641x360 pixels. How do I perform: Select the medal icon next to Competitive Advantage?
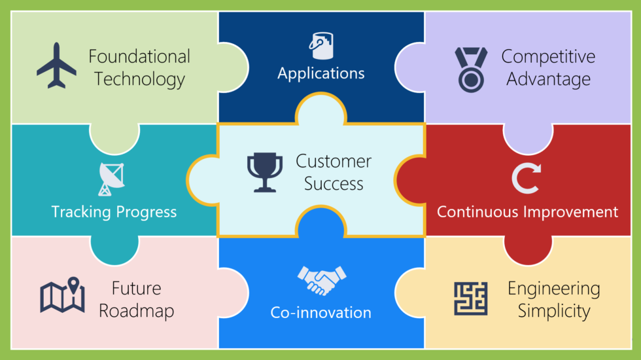471,67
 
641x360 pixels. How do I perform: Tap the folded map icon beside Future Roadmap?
62,296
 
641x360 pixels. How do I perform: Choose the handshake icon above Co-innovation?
321,280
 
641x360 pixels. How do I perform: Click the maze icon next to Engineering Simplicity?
471,298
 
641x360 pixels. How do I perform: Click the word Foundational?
139,57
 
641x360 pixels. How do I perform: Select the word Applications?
320,73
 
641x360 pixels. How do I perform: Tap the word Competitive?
548,57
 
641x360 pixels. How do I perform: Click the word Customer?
334,161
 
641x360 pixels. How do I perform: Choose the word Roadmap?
137,310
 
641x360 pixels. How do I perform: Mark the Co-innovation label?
320,312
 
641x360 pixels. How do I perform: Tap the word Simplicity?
554,310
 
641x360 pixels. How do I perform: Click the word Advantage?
548,80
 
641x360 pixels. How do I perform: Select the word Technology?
139,80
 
